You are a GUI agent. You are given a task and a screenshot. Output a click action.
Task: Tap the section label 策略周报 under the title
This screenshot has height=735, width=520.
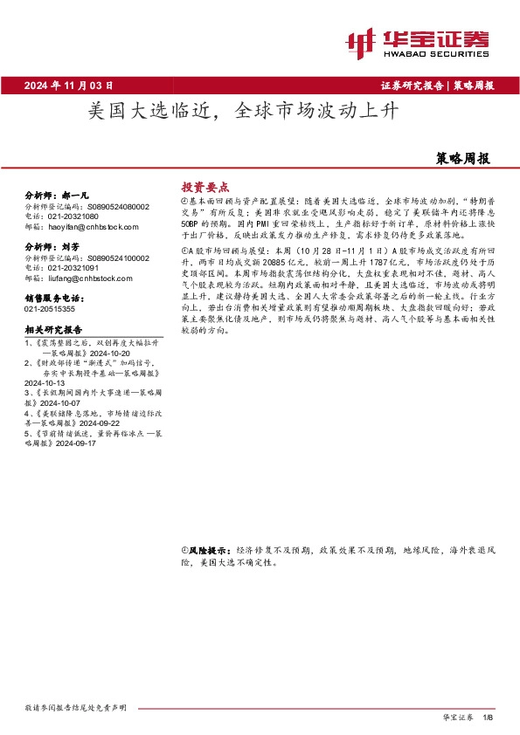tap(462, 159)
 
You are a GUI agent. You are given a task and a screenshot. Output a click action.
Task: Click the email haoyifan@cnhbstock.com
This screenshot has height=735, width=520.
tap(90, 225)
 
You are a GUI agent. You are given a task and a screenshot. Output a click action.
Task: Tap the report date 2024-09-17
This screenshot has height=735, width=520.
tap(101, 443)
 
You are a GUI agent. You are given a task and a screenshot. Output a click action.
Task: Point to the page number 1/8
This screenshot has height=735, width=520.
tap(489, 717)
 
